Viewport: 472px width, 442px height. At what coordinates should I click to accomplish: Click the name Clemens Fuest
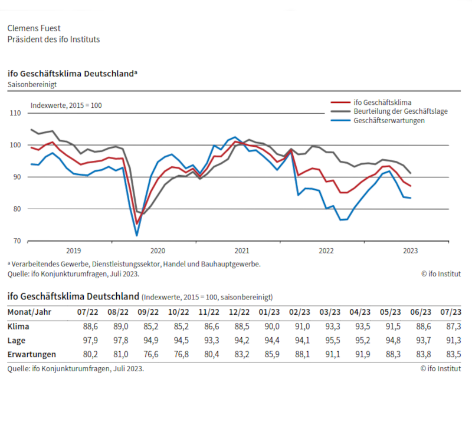tap(34, 28)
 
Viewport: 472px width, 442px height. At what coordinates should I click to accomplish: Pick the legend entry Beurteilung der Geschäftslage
tap(399, 111)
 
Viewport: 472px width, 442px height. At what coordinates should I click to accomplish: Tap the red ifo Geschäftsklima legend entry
tap(382, 101)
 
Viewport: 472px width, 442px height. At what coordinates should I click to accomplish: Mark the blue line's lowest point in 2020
tap(137, 235)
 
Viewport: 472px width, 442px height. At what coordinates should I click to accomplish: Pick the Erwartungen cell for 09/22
tap(150, 354)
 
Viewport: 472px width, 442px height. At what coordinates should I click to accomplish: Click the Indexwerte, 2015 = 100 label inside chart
tap(66, 105)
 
